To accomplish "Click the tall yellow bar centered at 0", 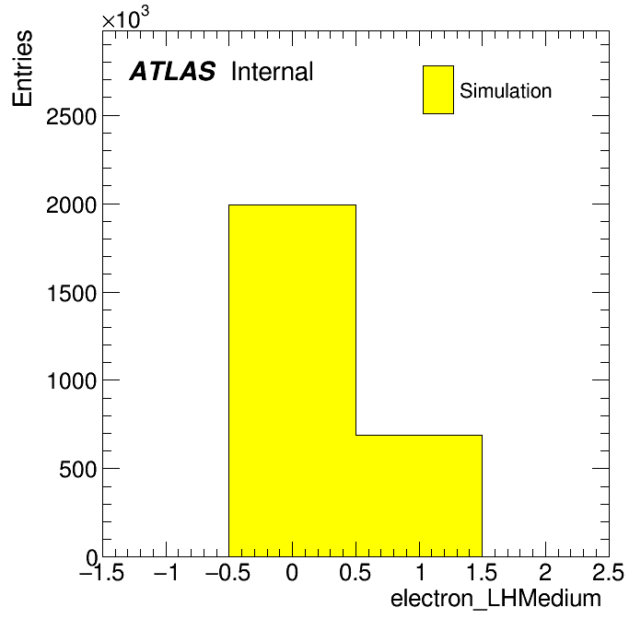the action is [292, 380].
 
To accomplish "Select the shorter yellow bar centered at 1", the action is [419, 496].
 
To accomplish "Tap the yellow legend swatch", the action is [438, 89].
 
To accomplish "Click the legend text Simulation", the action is [506, 91].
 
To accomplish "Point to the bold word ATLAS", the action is [172, 71].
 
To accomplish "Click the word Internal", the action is [272, 72].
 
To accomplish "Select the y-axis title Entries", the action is [22, 69].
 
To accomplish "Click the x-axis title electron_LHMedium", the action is [495, 599].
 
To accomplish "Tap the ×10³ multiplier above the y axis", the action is [125, 18].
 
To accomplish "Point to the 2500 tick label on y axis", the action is [71, 117].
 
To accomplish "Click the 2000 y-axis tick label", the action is [71, 205].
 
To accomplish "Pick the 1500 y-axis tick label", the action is [72, 294].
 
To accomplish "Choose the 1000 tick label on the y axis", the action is [72, 381].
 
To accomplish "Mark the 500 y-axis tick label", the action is [77, 470].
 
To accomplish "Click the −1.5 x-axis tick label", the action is [102, 572].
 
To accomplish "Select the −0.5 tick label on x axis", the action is [228, 572].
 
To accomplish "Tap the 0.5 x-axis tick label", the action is [355, 572].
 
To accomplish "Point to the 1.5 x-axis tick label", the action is [482, 572].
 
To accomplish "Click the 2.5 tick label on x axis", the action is [609, 572].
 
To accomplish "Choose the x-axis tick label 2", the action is [545, 572].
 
